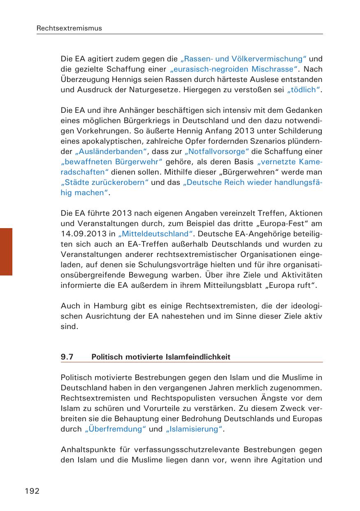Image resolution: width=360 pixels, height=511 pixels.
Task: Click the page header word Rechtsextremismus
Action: [69, 28]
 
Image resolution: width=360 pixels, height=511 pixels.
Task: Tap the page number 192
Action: [32, 491]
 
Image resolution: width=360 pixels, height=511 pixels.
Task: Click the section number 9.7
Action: [67, 357]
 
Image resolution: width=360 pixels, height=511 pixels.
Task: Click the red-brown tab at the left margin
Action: [6, 251]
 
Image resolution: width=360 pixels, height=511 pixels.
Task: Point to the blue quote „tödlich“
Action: [303, 90]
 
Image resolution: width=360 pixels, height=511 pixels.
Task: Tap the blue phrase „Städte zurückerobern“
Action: [105, 182]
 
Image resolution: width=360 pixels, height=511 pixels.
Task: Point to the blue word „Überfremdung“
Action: [115, 429]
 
